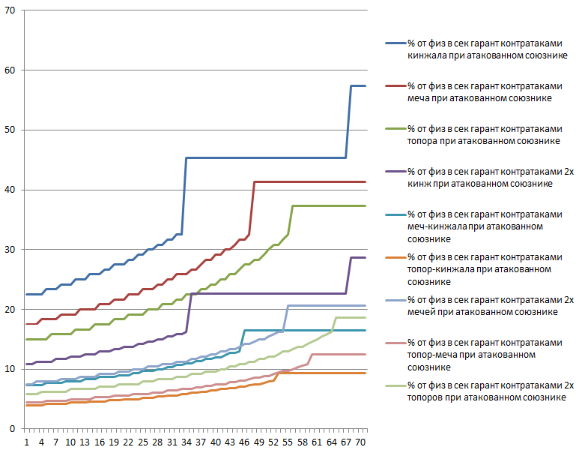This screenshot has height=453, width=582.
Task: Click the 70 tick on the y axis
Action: point(11,11)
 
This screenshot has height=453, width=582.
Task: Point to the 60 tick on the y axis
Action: point(11,70)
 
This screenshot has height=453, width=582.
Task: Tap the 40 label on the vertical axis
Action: point(11,190)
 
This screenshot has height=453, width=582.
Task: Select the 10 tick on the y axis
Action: point(11,369)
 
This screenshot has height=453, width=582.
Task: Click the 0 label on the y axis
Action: point(13,428)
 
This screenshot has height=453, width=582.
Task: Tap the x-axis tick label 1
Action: point(26,442)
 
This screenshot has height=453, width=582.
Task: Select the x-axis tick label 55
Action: point(291,442)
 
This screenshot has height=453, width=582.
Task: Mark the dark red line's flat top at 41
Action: point(307,181)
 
